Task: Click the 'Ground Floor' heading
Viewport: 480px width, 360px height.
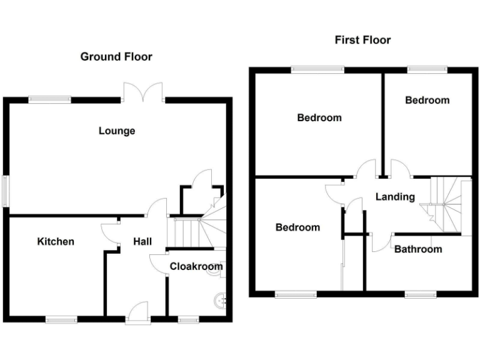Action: click(116, 57)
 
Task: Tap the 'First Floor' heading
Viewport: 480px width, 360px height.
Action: click(362, 40)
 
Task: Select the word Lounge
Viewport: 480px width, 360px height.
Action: click(117, 131)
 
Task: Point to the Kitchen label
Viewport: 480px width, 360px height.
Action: click(56, 242)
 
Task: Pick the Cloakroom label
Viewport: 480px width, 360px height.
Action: click(196, 266)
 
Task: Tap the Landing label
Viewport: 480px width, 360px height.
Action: click(395, 197)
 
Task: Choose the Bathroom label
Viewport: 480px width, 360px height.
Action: click(417, 249)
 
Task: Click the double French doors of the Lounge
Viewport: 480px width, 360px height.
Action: click(143, 92)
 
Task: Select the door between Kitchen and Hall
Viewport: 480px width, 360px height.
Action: click(111, 232)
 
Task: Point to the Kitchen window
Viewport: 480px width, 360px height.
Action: click(61, 319)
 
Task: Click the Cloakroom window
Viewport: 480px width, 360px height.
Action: click(187, 319)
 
